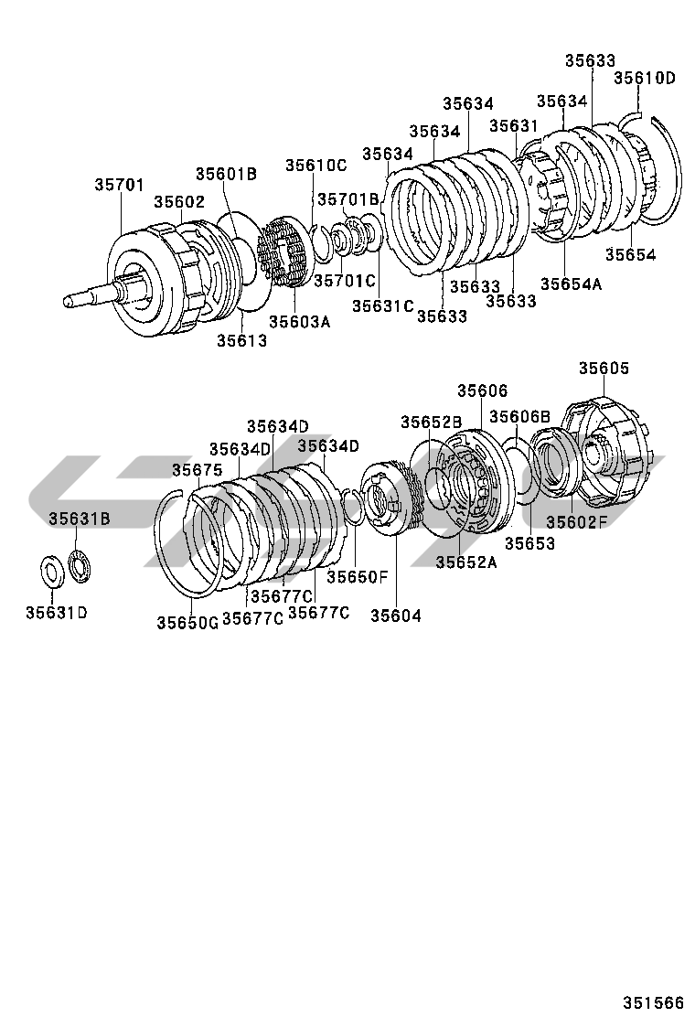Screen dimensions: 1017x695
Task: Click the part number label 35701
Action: pos(119,185)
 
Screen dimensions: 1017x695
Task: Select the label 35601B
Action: pos(225,174)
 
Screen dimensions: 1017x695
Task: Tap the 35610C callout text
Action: pos(315,166)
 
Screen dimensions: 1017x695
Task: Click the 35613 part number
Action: pos(241,341)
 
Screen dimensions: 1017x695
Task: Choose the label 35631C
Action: pos(383,305)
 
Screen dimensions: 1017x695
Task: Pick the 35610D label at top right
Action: pos(644,78)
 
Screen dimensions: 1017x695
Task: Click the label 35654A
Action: pos(571,284)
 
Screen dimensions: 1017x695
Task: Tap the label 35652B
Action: pos(431,422)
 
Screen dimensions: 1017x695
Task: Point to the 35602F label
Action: pos(577,522)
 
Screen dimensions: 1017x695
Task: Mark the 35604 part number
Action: pos(395,616)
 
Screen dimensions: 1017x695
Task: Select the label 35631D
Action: pos(56,612)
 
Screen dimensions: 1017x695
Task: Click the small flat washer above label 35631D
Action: pos(52,571)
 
